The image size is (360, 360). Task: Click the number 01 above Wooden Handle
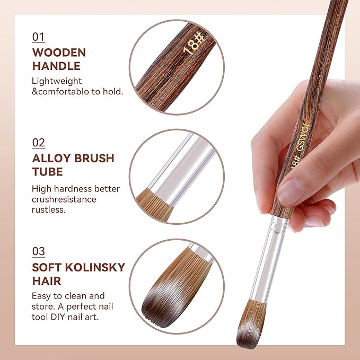tap(38, 37)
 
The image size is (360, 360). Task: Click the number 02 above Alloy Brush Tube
tap(39, 142)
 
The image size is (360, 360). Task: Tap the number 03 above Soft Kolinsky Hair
tap(39, 251)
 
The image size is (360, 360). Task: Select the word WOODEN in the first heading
tap(59, 53)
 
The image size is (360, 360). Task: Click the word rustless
tap(47, 210)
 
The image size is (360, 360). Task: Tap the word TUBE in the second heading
tap(47, 172)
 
